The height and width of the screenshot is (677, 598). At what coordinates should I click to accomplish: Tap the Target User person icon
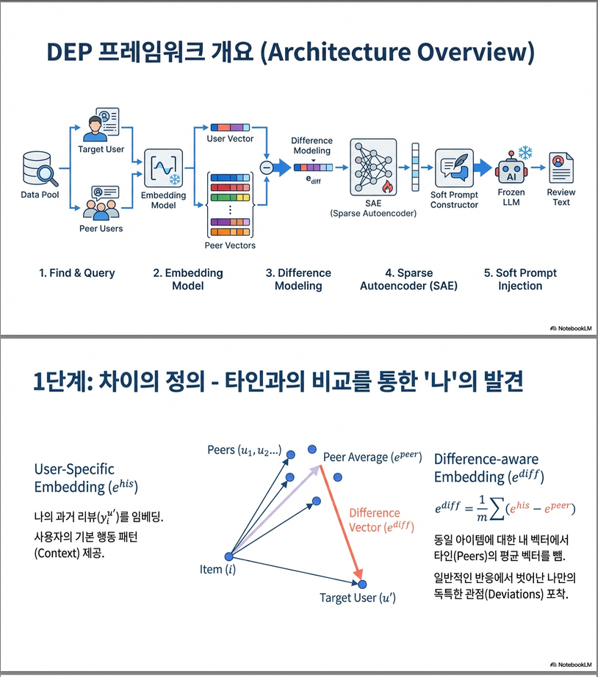101,127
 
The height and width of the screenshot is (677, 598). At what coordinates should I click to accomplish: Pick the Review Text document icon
561,168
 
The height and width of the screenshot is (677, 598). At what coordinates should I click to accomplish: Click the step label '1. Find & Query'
77,273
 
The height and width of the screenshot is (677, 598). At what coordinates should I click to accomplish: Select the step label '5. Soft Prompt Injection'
520,279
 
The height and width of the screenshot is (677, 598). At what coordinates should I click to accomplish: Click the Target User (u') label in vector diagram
358,598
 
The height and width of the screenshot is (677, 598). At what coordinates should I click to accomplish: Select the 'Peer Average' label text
372,457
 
